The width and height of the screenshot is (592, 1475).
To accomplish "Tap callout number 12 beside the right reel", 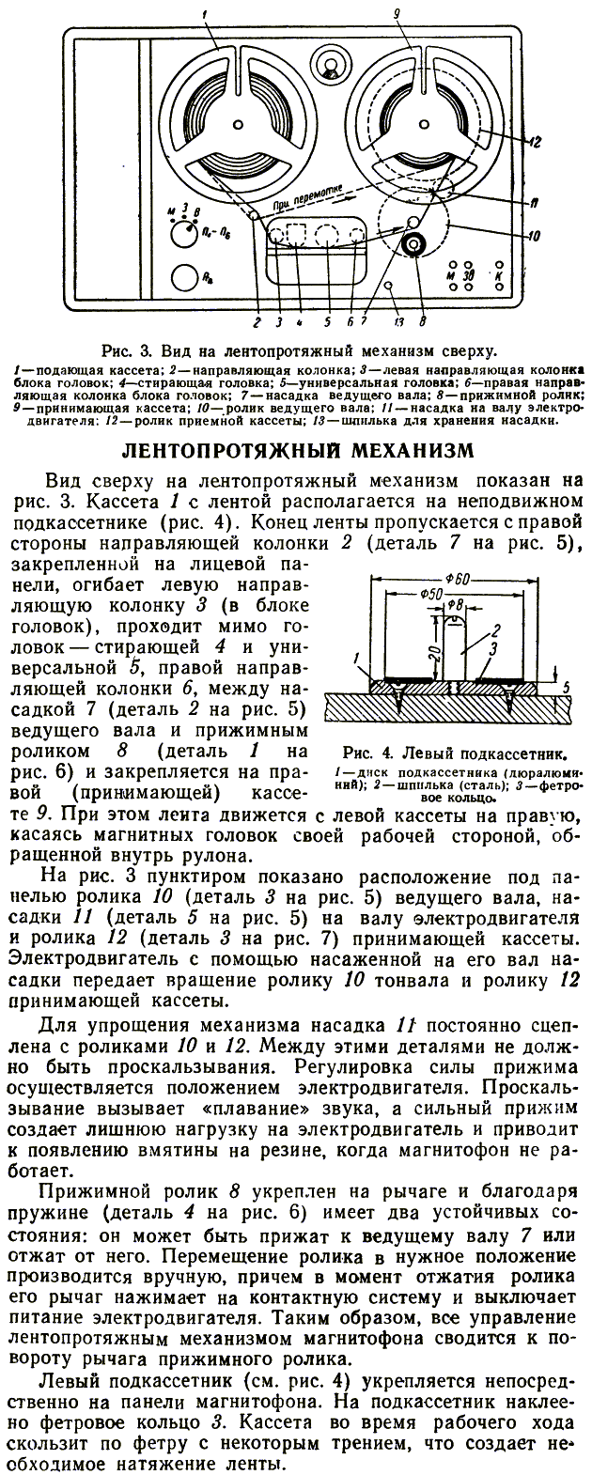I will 533,144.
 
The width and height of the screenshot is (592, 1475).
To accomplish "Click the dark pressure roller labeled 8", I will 412,245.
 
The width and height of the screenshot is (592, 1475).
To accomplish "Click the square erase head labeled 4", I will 298,233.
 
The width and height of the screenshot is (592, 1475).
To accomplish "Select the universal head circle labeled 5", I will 327,233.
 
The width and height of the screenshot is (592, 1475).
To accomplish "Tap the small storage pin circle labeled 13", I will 390,286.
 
